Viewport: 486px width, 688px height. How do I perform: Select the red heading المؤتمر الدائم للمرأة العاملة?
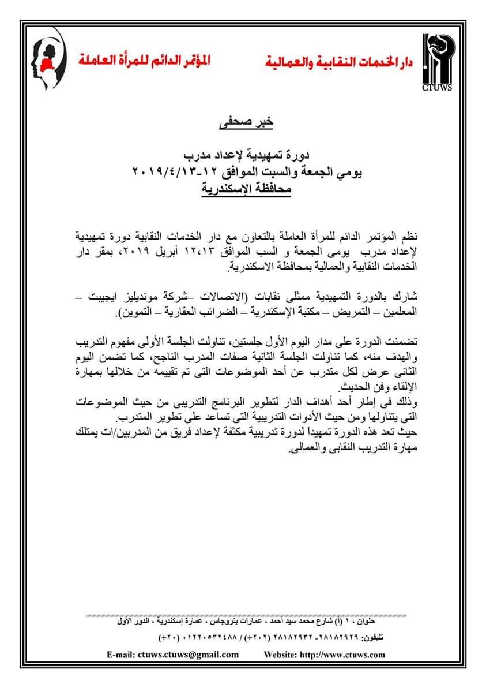pos(146,59)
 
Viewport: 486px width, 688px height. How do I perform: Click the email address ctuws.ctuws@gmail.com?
pos(189,654)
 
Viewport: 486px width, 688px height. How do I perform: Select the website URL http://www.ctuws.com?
pos(341,654)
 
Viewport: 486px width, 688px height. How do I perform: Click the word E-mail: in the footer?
pos(120,654)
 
